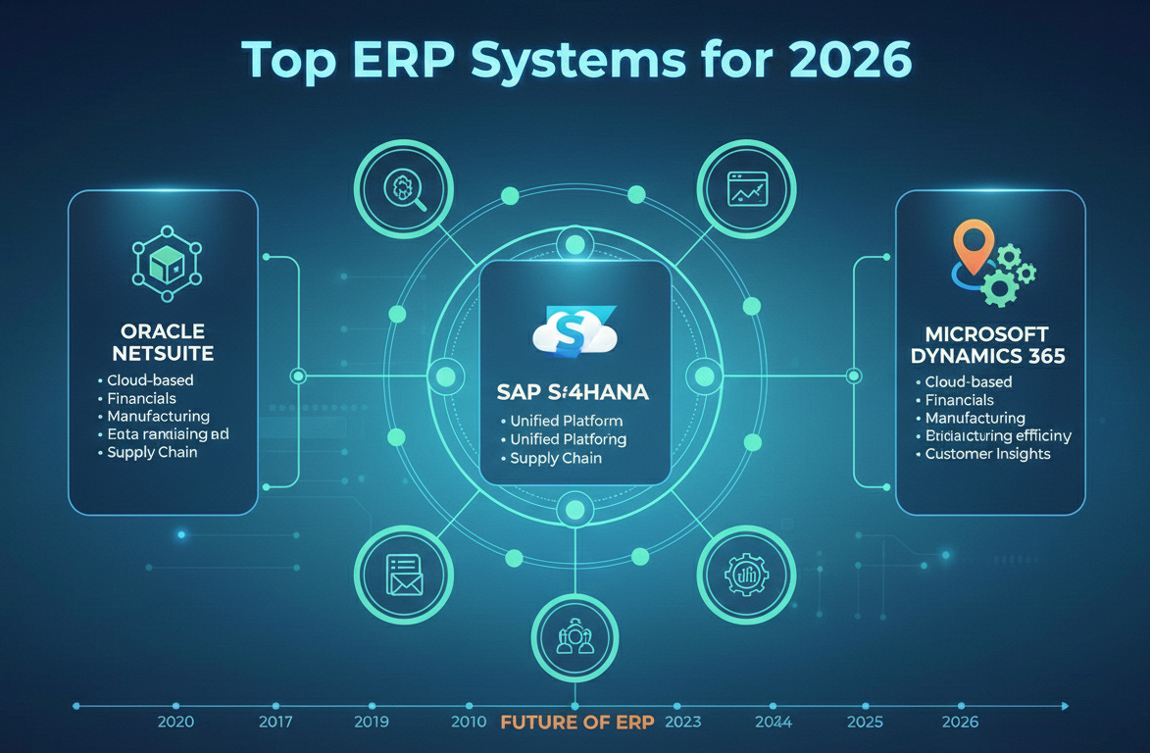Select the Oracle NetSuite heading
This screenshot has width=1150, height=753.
tap(163, 341)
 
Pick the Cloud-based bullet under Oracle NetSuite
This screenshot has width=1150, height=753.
tap(150, 379)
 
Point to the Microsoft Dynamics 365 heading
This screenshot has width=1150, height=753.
tap(991, 345)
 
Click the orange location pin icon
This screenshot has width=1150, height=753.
tap(970, 245)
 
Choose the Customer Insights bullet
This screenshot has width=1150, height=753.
tap(987, 454)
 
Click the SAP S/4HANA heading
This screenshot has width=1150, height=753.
tap(575, 391)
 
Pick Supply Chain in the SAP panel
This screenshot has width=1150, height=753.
tap(556, 458)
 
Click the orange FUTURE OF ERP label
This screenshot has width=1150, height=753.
tap(577, 723)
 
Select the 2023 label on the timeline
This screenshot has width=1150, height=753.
tap(682, 723)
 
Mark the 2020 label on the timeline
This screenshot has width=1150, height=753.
tap(175, 723)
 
